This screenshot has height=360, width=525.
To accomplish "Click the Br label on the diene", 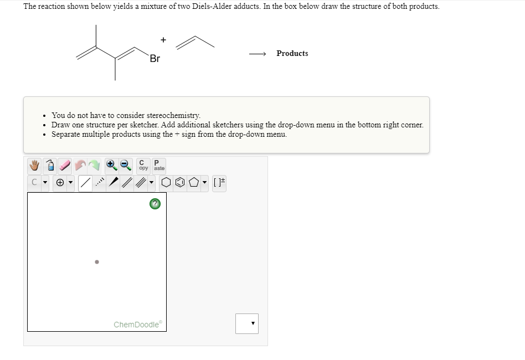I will [155, 59].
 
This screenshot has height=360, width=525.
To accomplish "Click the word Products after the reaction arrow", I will [292, 53].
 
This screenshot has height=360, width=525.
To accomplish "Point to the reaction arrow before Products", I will [258, 54].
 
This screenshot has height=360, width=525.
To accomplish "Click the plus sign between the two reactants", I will [163, 39].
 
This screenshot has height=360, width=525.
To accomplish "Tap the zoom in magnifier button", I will [111, 165].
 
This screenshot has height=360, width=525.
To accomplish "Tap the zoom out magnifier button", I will [126, 165].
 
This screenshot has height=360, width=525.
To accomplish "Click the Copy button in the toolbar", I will [143, 165].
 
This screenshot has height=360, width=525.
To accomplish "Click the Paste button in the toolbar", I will [159, 165].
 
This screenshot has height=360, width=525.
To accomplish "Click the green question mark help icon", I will [155, 204].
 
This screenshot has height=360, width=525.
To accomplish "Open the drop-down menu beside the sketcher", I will [246, 323].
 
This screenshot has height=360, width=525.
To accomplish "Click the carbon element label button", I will [34, 182].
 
